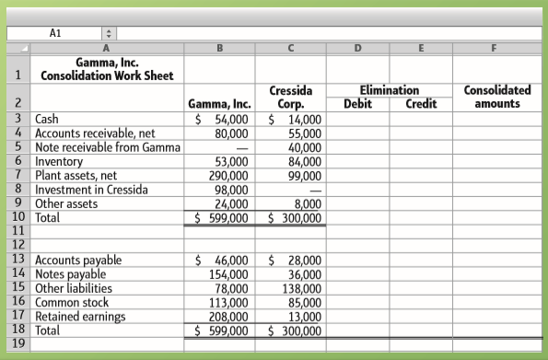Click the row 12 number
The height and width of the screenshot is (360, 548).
[17, 245]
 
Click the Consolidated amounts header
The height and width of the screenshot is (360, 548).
[497, 98]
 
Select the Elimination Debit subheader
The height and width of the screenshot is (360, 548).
[357, 105]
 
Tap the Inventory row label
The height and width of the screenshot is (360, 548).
[64, 161]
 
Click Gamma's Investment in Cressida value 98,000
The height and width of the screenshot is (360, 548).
[230, 190]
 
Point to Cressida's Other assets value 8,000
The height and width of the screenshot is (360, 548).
[309, 204]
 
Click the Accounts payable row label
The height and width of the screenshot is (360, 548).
[77, 261]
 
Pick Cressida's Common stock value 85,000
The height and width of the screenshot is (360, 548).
[305, 303]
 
